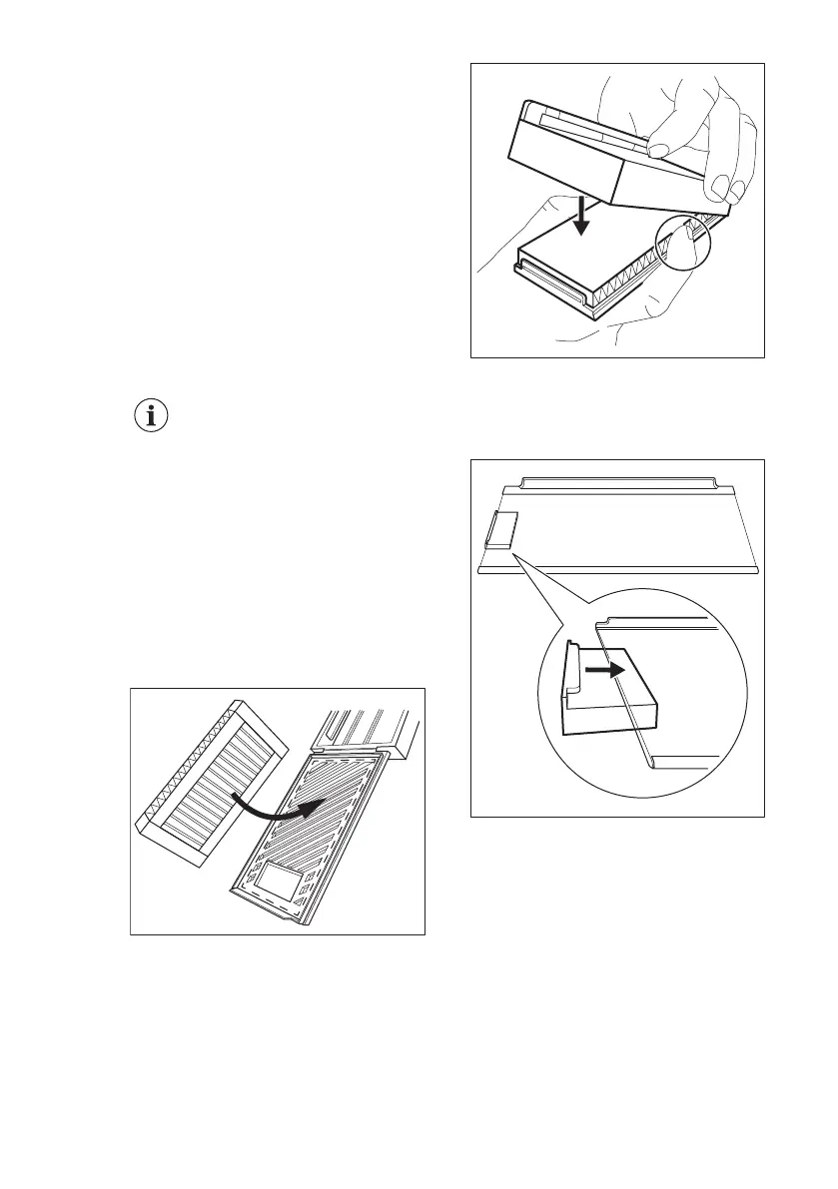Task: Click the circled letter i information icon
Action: (151, 418)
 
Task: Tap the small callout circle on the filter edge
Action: (681, 243)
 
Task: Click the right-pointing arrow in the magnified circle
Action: (606, 672)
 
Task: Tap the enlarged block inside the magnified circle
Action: (609, 711)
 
